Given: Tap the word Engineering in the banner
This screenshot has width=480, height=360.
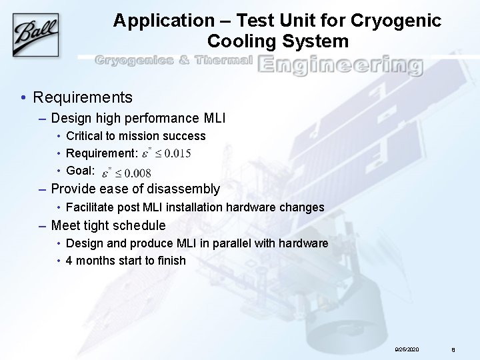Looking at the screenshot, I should pyautogui.click(x=340, y=65).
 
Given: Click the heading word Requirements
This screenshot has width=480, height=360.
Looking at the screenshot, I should pyautogui.click(x=83, y=97).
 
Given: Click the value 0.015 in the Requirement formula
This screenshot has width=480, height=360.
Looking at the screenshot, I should pyautogui.click(x=177, y=153).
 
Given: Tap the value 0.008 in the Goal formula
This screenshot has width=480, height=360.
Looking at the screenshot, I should pyautogui.click(x=146, y=173).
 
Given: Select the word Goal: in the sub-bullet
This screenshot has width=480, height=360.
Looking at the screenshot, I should pyautogui.click(x=81, y=171).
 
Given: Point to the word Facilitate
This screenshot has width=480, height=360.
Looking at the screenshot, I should pyautogui.click(x=93, y=207).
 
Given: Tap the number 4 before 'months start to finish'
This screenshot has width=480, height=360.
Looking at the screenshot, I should pyautogui.click(x=69, y=261).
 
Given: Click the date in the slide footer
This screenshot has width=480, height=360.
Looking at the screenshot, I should pyautogui.click(x=407, y=349).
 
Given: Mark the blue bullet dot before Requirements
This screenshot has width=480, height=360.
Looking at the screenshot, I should pyautogui.click(x=23, y=98).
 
